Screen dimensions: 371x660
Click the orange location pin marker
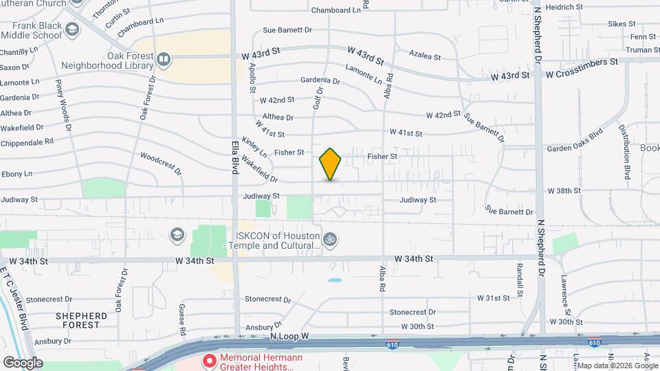click(x=331, y=164)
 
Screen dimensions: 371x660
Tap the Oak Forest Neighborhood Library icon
click(x=164, y=60)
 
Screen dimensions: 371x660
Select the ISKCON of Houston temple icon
click(x=331, y=240)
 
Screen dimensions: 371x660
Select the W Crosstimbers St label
click(x=577, y=62)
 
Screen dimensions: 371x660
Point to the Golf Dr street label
click(x=318, y=97)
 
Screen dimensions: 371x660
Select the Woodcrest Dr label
click(x=160, y=162)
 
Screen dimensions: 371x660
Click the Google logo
click(x=22, y=362)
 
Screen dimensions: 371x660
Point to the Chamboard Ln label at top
click(x=335, y=10)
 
